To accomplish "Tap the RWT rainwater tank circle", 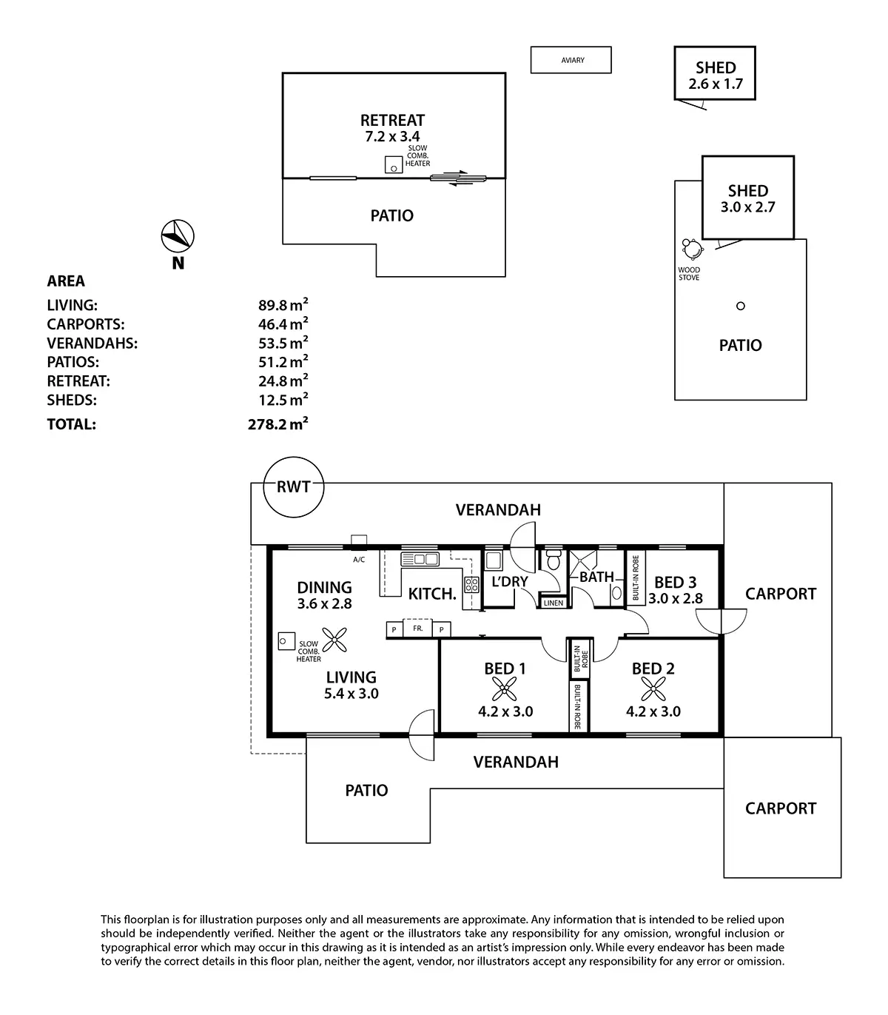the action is point(293,488).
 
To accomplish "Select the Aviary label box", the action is point(571,60).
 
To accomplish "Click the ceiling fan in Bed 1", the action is point(505,690).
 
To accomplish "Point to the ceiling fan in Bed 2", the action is point(653,690).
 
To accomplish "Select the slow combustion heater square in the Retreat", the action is point(394,166).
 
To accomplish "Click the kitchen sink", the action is point(420,559).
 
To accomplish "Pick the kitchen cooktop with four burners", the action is point(471,584).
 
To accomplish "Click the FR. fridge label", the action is point(417,629).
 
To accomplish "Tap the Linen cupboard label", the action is point(554,603).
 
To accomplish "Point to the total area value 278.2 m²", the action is point(277,425).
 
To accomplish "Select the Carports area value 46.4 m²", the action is point(277,324).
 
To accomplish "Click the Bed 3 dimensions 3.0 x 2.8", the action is point(675,599).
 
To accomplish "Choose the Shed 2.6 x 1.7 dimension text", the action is point(715,84).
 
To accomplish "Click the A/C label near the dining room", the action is point(359,560).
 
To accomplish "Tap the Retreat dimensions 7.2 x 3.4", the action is point(392,136).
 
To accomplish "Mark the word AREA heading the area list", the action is point(66,281).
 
